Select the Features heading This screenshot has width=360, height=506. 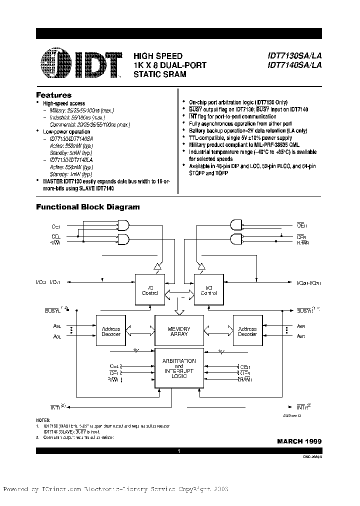coord(54,95)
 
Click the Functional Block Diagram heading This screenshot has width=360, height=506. coord(88,207)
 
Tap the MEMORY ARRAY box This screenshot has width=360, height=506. coord(179,331)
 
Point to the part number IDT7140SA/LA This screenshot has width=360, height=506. coord(294,65)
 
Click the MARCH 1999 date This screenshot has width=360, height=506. coord(299,441)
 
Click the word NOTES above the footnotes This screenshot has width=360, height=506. coord(43,420)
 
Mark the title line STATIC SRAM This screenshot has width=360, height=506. coord(159,74)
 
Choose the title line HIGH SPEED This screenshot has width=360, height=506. coord(157,56)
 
